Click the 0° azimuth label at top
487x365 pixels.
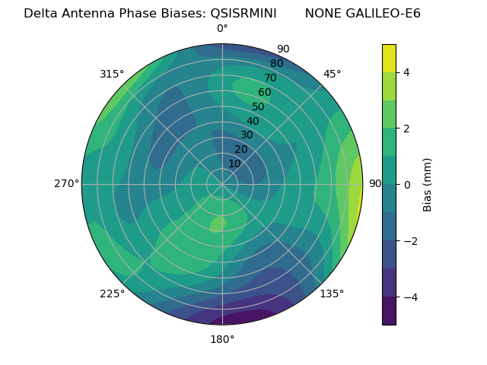[222, 29]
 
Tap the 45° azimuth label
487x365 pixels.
[333, 74]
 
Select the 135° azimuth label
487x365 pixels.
[332, 294]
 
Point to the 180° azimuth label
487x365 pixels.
[222, 339]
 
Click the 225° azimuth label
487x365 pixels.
[112, 294]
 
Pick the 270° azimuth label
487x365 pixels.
[66, 184]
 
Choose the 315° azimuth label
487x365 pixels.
[112, 74]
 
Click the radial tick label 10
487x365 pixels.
[234, 163]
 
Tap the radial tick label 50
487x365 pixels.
[259, 107]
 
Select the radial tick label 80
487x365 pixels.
[277, 64]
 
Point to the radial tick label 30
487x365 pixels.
[247, 135]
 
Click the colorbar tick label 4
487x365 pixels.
[407, 72]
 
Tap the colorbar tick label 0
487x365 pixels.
[407, 184]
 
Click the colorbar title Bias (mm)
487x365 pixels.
[428, 184]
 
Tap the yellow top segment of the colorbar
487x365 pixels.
[389, 58]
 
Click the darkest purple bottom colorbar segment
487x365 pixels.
[389, 310]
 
